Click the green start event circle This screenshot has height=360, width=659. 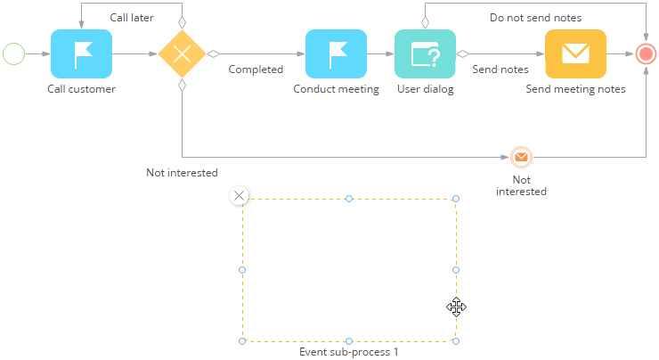point(14,54)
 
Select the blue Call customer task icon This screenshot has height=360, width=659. point(81,53)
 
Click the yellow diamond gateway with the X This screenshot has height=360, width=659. point(182,53)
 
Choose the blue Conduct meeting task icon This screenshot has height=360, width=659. point(336,53)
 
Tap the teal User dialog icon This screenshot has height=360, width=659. point(425,53)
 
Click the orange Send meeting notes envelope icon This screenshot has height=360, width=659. point(575,53)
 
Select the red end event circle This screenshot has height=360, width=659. point(647,53)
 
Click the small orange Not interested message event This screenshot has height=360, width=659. point(521,158)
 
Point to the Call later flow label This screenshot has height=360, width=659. point(131,18)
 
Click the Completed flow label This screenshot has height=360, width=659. point(256,70)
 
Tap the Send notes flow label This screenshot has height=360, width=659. point(500,70)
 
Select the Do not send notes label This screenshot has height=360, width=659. point(535,18)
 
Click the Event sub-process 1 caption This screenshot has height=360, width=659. point(348,352)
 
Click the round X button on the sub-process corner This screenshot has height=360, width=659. point(238,196)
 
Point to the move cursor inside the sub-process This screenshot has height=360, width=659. point(456,307)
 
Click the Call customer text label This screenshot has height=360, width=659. point(81,89)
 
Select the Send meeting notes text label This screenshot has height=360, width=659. point(575,89)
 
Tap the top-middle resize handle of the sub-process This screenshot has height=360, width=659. point(349,198)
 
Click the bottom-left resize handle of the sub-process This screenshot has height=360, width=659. point(242,341)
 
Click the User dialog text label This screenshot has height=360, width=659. point(425,89)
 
